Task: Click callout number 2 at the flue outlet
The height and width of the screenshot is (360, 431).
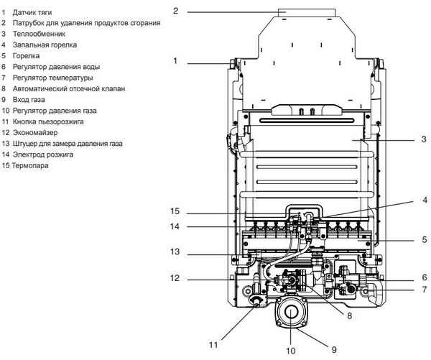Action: [x=175, y=11]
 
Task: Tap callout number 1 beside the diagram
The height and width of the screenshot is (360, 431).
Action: [x=175, y=61]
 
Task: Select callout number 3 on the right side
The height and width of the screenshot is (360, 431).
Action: [x=424, y=139]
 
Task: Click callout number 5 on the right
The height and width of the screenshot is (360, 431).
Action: [x=424, y=239]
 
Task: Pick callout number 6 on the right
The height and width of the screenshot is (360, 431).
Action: [x=424, y=277]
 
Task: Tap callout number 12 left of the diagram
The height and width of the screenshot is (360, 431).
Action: [x=175, y=278]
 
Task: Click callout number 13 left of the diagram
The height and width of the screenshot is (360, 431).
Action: [x=175, y=251]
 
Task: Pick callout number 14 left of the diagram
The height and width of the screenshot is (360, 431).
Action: [x=175, y=226]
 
